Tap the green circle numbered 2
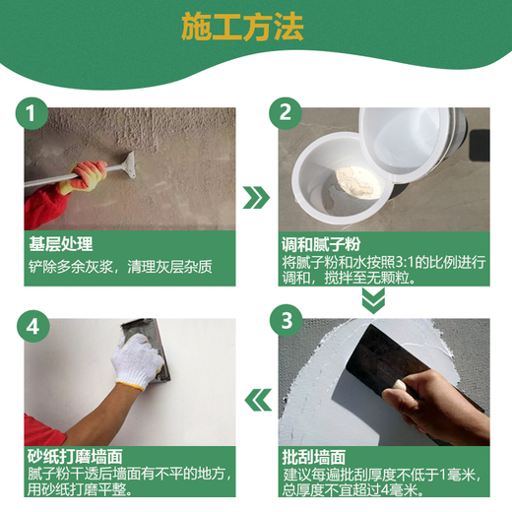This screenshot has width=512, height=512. [x=286, y=113]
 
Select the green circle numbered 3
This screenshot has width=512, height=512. [x=287, y=321]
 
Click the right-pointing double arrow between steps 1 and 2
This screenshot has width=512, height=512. [x=256, y=197]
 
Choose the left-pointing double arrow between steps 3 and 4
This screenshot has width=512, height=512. [x=257, y=400]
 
